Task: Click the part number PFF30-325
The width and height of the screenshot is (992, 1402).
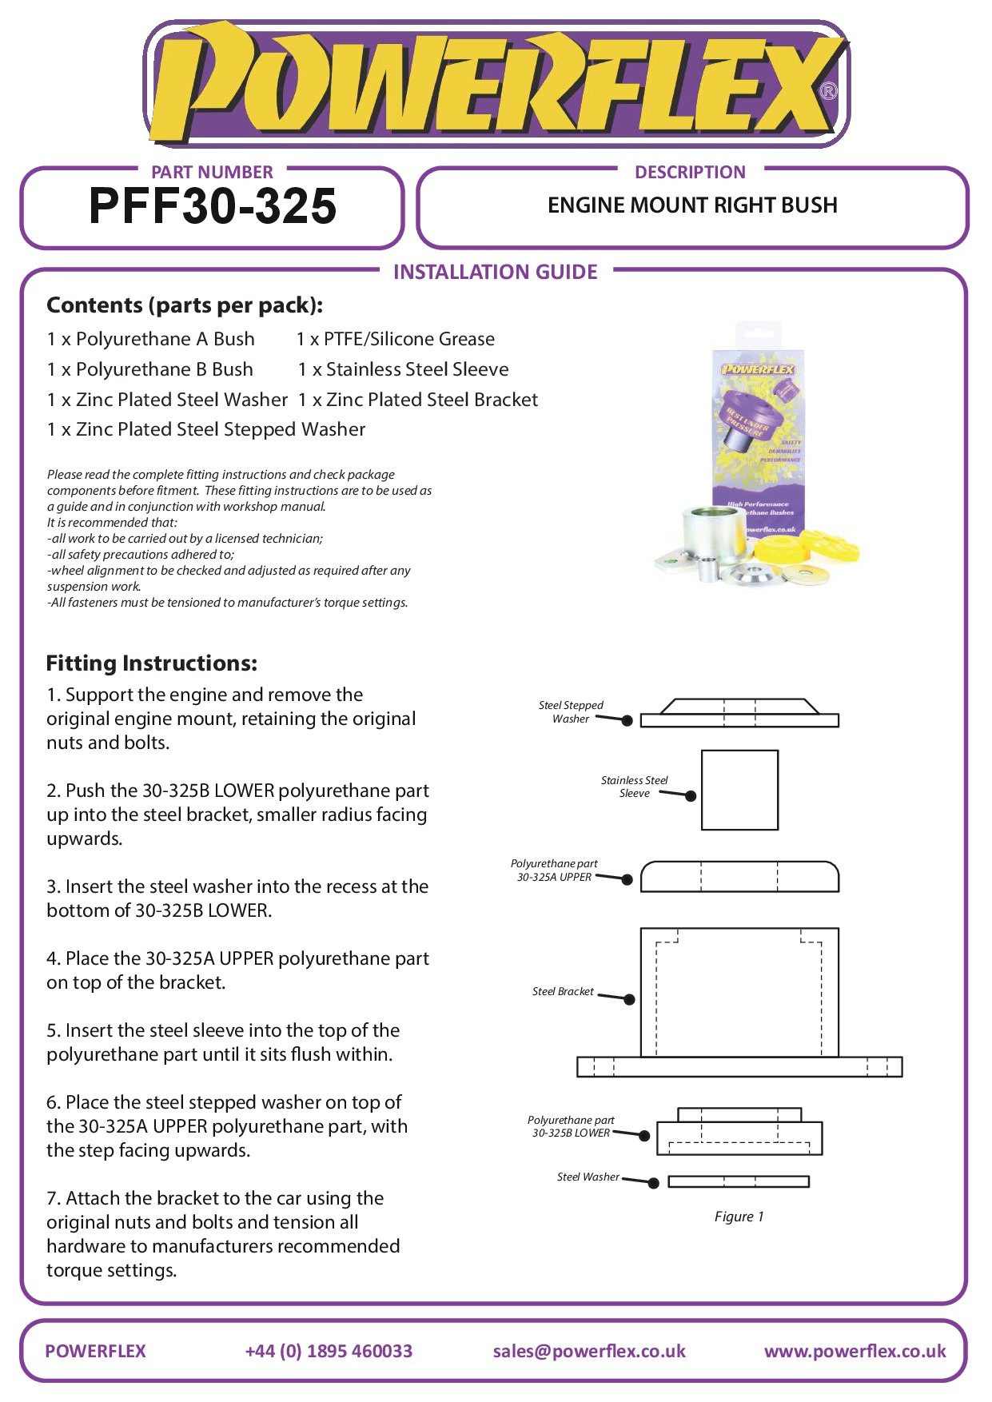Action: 213,206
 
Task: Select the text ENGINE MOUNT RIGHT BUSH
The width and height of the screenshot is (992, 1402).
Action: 692,205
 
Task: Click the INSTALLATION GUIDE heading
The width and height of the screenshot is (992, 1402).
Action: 495,272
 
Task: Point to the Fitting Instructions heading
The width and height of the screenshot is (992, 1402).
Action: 152,663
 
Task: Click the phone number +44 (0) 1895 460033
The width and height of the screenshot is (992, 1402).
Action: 329,1351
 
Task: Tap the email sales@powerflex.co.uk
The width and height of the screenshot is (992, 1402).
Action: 589,1351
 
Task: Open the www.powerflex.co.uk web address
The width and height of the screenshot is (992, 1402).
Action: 855,1351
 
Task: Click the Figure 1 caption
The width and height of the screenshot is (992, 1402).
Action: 739,1217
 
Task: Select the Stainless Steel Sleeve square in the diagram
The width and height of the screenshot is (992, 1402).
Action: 739,790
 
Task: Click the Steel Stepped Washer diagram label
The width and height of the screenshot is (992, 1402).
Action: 571,711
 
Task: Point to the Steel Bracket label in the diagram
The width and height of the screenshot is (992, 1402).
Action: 563,991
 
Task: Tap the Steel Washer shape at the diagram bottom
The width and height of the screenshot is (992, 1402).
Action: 739,1181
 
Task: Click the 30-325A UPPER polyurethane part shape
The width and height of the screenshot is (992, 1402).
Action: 739,876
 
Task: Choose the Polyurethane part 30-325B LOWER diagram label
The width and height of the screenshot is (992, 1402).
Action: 571,1126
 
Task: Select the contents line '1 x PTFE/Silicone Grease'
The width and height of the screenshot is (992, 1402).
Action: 396,339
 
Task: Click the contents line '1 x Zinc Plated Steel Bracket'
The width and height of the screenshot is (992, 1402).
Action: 418,400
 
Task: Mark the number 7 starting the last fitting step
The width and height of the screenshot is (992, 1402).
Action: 52,1198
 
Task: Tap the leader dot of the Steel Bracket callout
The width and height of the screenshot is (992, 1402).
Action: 629,999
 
